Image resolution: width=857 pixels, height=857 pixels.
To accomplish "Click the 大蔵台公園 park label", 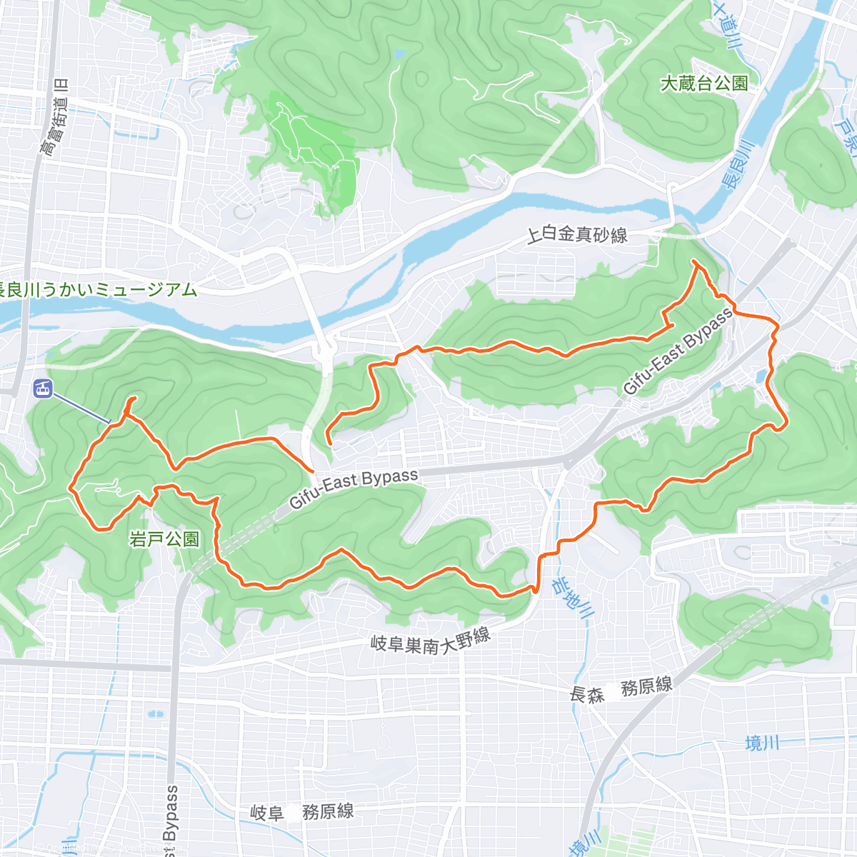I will [x=704, y=84].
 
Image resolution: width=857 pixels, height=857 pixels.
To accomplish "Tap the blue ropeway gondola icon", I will [x=43, y=389].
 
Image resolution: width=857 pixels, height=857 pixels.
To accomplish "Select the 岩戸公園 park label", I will [x=165, y=539].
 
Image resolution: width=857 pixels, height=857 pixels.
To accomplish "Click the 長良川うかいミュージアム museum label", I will [x=96, y=290].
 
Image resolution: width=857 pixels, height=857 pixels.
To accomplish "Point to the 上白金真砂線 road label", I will [x=577, y=234].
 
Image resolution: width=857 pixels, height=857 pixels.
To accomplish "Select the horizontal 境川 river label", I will [x=762, y=743].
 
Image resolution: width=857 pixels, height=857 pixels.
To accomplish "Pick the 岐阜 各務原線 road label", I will [x=302, y=812].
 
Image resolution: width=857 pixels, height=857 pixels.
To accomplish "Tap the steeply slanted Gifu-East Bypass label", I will [x=678, y=351].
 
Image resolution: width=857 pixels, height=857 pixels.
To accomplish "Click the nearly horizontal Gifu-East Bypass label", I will [x=354, y=488].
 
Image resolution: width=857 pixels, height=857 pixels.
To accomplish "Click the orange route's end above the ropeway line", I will [x=133, y=397].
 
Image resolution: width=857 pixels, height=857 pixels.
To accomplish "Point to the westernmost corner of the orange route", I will [x=70, y=488].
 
